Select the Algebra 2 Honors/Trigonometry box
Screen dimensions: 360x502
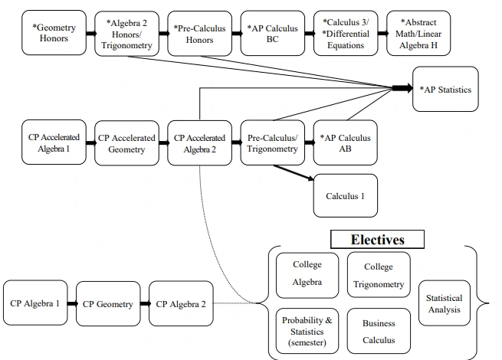[x=126, y=34]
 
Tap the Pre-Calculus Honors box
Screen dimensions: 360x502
[x=199, y=33]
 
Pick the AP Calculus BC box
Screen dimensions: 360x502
[x=271, y=33]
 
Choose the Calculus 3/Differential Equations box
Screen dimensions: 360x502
[x=346, y=33]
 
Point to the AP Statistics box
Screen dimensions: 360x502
[x=445, y=90]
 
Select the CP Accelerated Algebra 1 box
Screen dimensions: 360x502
[x=54, y=143]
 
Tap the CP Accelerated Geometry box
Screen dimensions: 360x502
[x=126, y=143]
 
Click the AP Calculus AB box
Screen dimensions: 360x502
[x=345, y=143]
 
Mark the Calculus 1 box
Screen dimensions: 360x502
[x=345, y=195]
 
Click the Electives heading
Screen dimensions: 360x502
[x=377, y=240]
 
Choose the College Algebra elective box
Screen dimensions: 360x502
[x=307, y=273]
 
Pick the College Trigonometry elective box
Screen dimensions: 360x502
[x=379, y=276]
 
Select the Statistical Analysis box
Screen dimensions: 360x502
[x=444, y=303]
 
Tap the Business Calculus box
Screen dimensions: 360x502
[x=379, y=331]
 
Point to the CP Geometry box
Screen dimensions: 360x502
[x=108, y=303]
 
